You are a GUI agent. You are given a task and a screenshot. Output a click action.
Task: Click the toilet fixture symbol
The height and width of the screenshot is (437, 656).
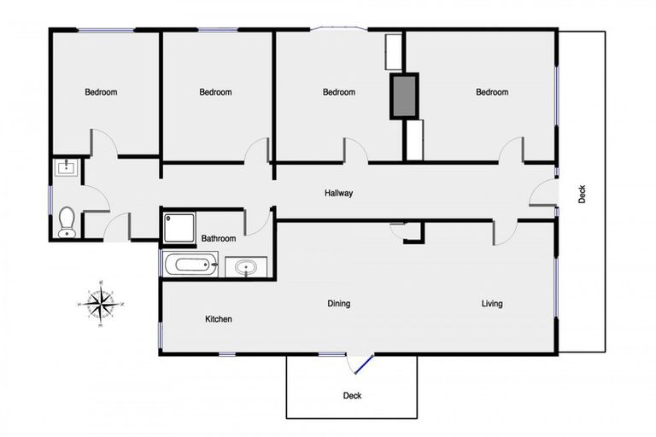[x=67, y=223]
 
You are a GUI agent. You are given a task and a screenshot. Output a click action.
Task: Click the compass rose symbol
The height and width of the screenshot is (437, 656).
[x=101, y=302]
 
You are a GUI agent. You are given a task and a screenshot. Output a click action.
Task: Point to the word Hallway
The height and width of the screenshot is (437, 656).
[x=338, y=194]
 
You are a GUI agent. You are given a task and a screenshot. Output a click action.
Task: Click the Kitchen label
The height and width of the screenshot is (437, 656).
[x=219, y=319]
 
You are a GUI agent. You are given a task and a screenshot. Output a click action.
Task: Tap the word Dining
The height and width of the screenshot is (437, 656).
[x=339, y=303]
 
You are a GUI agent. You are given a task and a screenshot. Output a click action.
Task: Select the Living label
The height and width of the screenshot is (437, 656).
[x=492, y=303]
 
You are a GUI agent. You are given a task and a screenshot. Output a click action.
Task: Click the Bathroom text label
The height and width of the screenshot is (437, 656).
[x=219, y=239]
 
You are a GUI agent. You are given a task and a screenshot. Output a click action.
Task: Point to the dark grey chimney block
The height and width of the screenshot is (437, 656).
[x=404, y=96]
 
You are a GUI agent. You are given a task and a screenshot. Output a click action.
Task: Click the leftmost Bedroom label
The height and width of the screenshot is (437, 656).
[x=101, y=92]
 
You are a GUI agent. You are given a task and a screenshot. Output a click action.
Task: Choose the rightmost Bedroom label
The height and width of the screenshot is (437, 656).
[x=492, y=92]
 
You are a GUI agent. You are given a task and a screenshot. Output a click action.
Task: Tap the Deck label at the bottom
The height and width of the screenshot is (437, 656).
[x=352, y=395]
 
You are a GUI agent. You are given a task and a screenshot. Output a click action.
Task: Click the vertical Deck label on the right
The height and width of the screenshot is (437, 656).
[x=583, y=195]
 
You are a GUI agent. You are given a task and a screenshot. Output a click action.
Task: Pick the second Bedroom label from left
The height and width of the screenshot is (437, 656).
[x=215, y=92]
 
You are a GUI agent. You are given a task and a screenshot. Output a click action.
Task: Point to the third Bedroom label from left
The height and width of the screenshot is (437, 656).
[x=338, y=92]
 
